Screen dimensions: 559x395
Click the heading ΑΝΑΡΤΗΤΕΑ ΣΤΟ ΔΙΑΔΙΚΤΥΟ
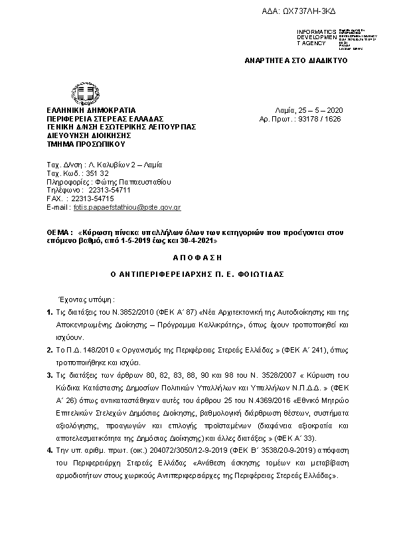[x=296, y=60]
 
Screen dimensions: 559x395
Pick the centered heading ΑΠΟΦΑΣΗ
[x=197, y=256]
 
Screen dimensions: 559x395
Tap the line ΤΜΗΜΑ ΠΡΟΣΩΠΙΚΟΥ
[x=85, y=143]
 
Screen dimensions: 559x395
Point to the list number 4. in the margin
[x=50, y=450]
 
